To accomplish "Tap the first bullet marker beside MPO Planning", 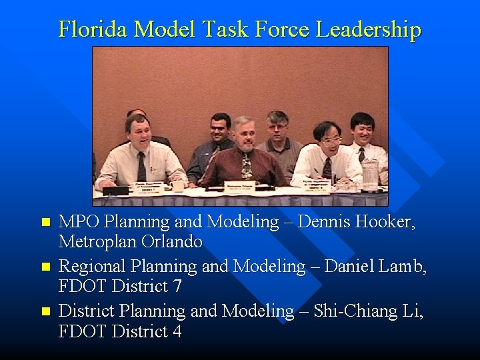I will coord(45,222).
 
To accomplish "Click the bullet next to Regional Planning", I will coord(45,267).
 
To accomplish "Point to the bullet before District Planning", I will coord(45,311).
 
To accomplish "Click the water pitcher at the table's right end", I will coord(370,174).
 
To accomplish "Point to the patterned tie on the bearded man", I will coord(247,167).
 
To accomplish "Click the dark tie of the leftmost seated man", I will coord(141,167).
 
